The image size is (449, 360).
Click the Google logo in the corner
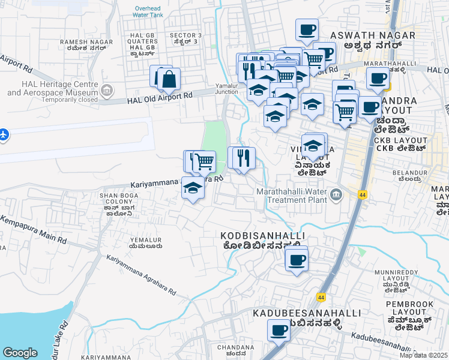(20, 353)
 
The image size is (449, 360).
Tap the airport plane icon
(4, 134)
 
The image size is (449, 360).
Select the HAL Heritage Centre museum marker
(107, 92)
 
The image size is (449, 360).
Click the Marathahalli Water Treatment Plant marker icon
(335, 193)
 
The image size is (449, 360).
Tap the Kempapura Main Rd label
(33, 231)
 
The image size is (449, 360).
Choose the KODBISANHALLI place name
(263, 236)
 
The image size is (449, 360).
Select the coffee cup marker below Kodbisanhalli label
(297, 260)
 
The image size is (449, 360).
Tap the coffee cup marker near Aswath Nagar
(307, 29)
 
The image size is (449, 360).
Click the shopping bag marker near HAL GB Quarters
(169, 78)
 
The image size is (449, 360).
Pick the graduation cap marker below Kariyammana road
(193, 187)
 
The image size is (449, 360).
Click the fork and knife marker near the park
(244, 158)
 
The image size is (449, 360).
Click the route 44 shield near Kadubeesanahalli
(321, 297)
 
